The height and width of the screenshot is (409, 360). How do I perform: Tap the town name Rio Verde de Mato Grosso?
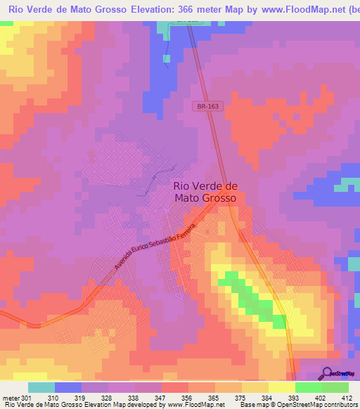(x=205, y=192)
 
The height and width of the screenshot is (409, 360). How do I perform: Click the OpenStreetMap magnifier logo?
(x=328, y=373)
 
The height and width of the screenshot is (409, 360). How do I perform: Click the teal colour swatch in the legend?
(x=41, y=387)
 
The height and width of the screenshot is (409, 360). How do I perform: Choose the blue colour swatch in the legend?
(x=68, y=387)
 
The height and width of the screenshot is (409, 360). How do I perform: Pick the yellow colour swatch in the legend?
(x=281, y=387)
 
